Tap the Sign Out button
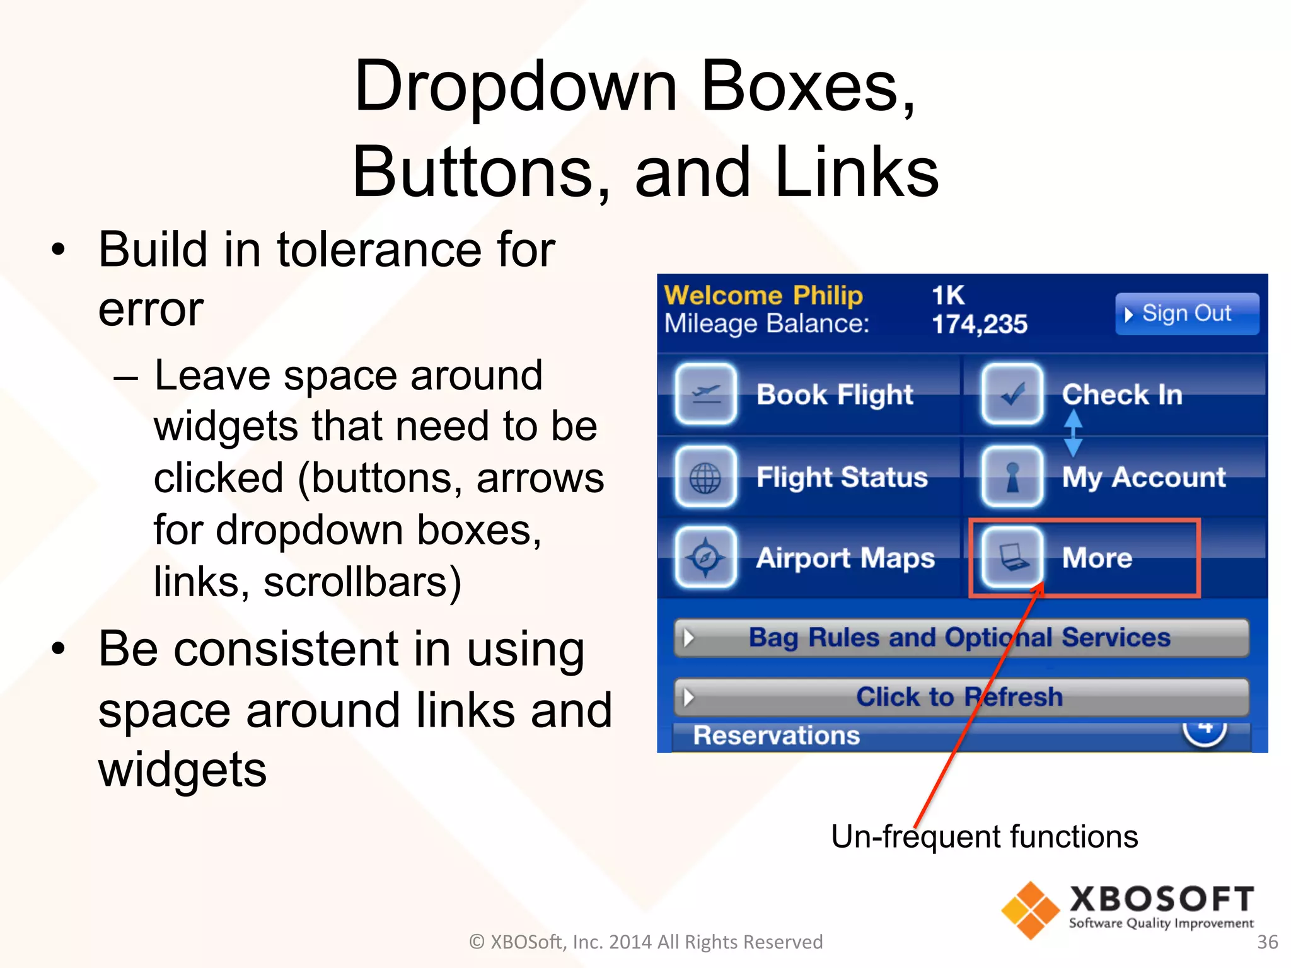(x=1186, y=313)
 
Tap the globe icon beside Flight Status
(x=705, y=477)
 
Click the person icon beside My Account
(x=1012, y=477)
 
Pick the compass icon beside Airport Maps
(x=705, y=558)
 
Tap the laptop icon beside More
(x=1012, y=558)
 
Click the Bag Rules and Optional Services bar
(x=961, y=638)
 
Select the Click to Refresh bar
(x=961, y=697)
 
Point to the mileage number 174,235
(x=979, y=325)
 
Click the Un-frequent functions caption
(x=984, y=837)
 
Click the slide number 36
(x=1267, y=942)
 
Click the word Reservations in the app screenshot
(x=776, y=735)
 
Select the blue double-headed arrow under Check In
(x=1073, y=434)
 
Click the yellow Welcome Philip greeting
(x=763, y=295)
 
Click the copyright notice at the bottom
(x=645, y=942)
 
